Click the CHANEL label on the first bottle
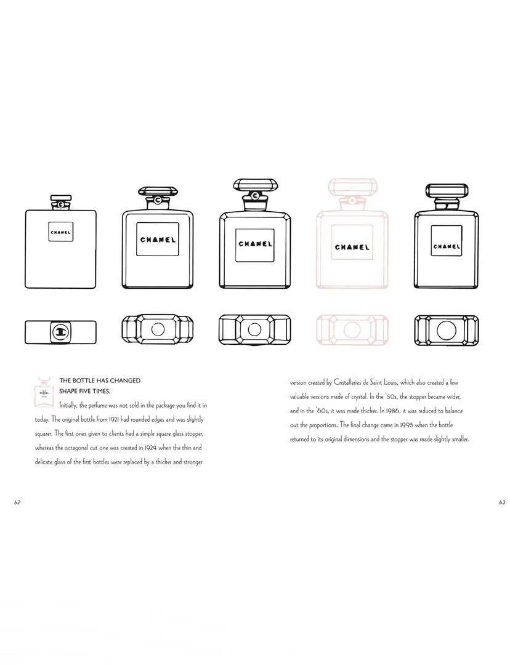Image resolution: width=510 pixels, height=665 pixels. pyautogui.click(x=60, y=233)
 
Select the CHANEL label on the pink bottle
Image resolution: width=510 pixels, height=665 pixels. pyautogui.click(x=352, y=247)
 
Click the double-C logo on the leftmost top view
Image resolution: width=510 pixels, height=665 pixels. pyautogui.click(x=60, y=332)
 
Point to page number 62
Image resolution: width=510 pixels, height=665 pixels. pyautogui.click(x=17, y=502)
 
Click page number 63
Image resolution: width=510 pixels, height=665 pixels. pyautogui.click(x=502, y=502)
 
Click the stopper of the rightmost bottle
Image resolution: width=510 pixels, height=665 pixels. pyautogui.click(x=447, y=190)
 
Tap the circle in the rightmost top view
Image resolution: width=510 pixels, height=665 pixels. pyautogui.click(x=447, y=330)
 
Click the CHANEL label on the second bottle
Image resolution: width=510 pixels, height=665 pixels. pyautogui.click(x=158, y=240)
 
